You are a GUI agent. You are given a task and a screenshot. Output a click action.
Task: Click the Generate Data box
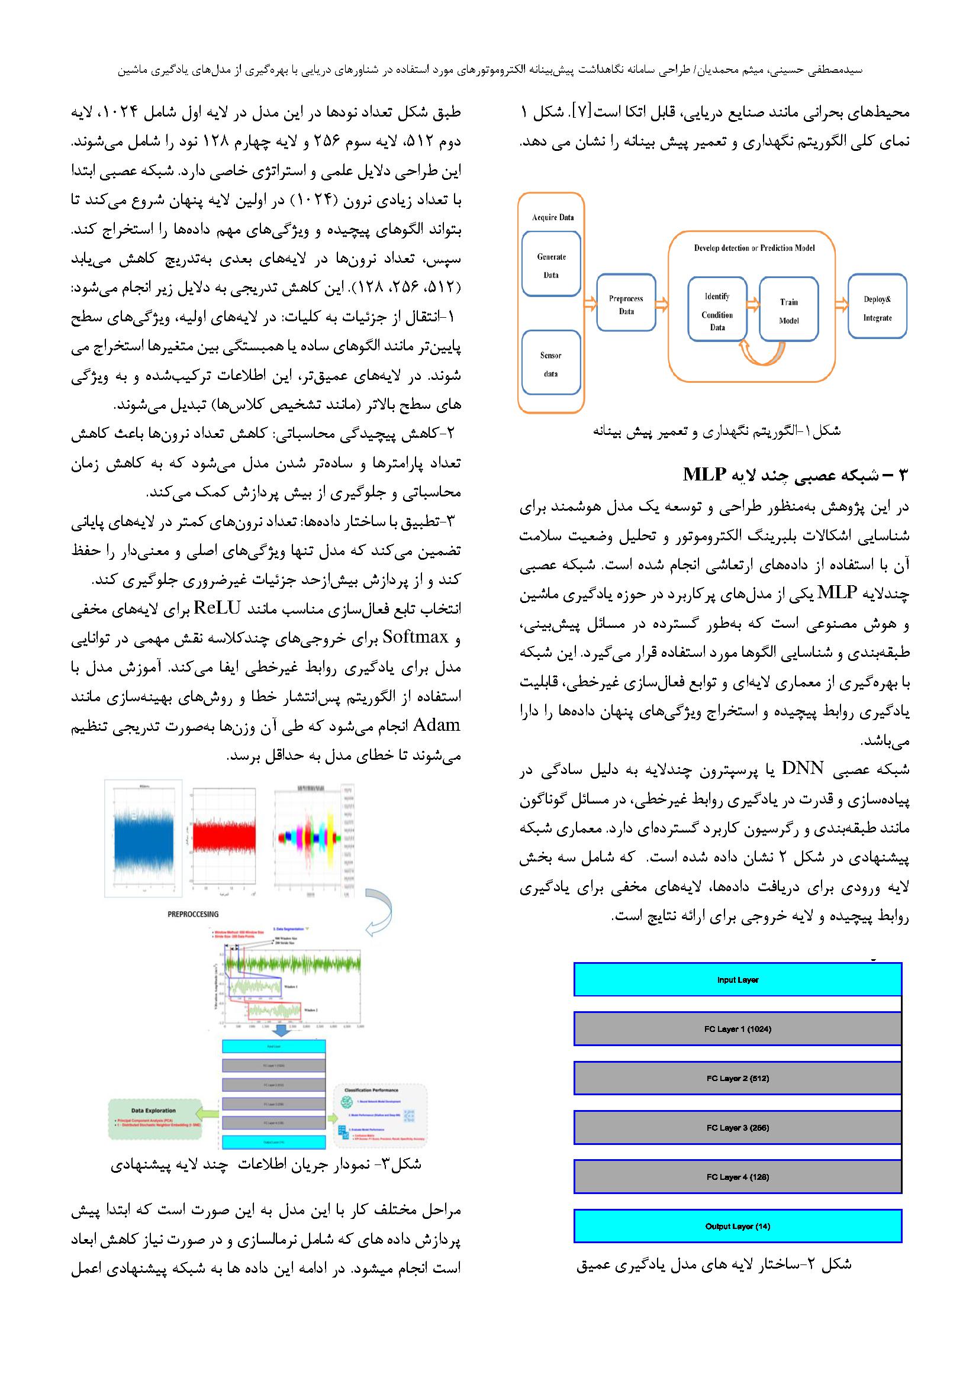pyautogui.click(x=551, y=265)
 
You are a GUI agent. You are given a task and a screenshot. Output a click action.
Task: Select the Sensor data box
pyautogui.click(x=551, y=364)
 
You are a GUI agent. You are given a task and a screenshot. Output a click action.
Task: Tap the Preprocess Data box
pyautogui.click(x=626, y=304)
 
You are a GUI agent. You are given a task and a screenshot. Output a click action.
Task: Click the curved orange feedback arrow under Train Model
pyautogui.click(x=762, y=354)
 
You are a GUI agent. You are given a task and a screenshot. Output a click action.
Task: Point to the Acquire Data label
pyautogui.click(x=552, y=217)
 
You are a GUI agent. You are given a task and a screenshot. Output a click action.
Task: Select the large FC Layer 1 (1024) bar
pyautogui.click(x=738, y=1029)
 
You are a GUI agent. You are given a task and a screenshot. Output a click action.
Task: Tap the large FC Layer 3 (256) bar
pyautogui.click(x=738, y=1127)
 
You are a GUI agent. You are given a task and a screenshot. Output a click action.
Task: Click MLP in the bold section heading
pyautogui.click(x=704, y=475)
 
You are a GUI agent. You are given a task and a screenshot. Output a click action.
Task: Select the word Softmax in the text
pyautogui.click(x=416, y=637)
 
